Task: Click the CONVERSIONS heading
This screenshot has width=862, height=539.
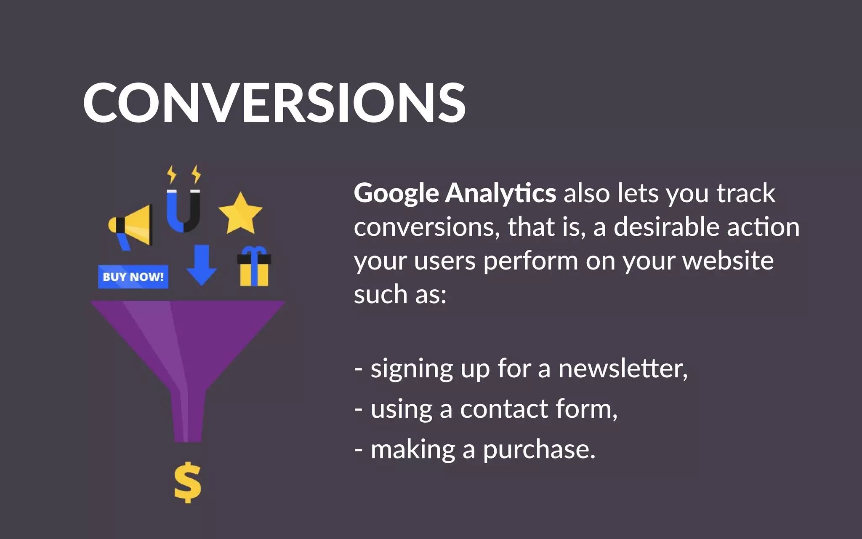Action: pos(274,103)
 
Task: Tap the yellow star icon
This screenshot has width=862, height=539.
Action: pos(240,214)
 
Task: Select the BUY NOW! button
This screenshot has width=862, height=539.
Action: pos(133,277)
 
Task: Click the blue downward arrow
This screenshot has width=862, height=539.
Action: pos(202,265)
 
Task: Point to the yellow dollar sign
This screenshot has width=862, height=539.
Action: pos(188,483)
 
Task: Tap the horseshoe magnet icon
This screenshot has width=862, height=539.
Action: pos(184,211)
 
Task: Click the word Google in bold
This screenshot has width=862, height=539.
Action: pos(396,193)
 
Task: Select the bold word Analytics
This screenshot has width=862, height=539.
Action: pos(500,193)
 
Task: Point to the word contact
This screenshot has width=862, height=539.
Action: pos(504,409)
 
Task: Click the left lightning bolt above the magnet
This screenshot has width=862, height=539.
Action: pos(171,174)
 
